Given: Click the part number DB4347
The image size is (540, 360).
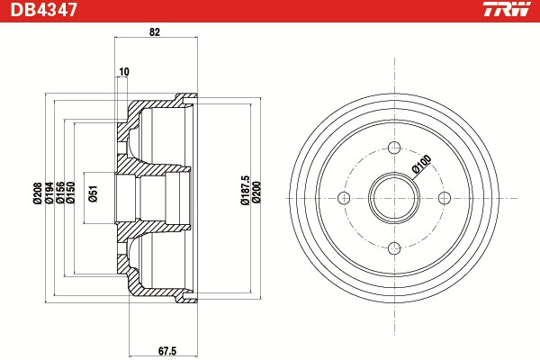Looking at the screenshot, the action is (43, 10).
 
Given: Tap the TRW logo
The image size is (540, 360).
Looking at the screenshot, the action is (508, 9).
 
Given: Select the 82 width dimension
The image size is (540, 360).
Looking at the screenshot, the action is (155, 32).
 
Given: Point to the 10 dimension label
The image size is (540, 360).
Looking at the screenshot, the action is (124, 72).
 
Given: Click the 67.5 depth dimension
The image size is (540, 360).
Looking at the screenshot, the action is (167, 351).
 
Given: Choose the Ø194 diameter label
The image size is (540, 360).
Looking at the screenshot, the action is (49, 193).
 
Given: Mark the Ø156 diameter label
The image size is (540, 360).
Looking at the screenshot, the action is (60, 193).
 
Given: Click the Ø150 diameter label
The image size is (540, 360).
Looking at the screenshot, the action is (70, 193).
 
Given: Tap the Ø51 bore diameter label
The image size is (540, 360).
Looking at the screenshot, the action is (94, 193).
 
